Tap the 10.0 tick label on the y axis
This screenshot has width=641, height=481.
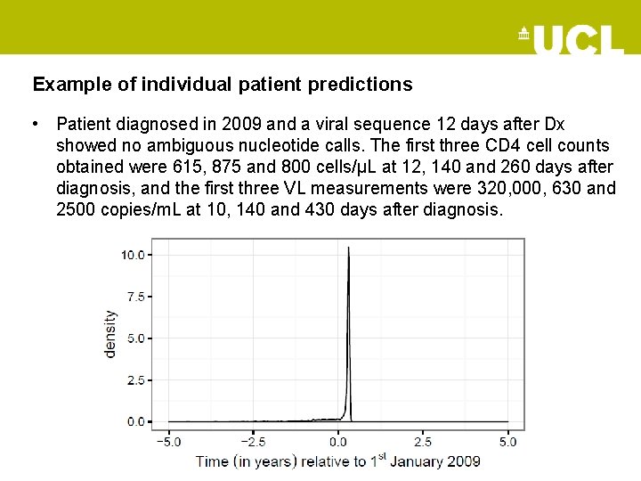tap(133, 255)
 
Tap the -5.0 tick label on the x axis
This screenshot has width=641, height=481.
tap(169, 441)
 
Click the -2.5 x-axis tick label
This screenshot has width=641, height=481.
tap(254, 441)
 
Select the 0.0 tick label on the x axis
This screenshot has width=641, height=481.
tap(338, 441)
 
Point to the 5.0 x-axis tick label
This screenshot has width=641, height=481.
tap(507, 441)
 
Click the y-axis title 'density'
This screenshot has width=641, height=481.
tap(110, 334)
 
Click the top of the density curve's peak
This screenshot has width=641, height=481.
tap(349, 248)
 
